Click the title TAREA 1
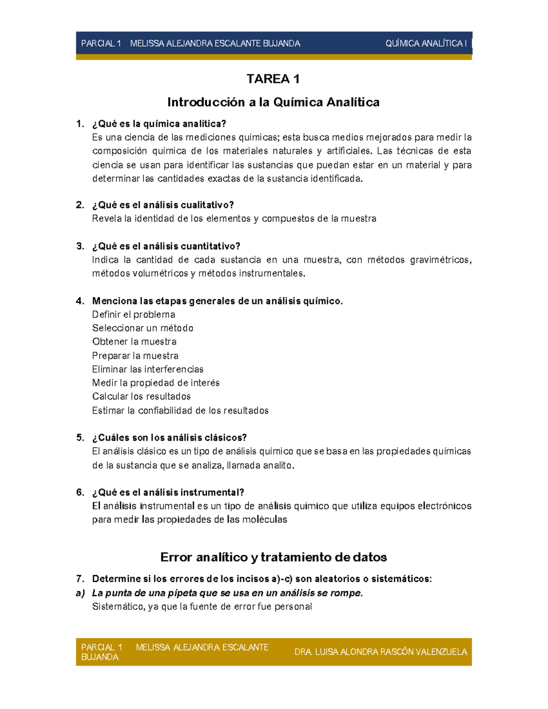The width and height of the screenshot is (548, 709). coord(273,79)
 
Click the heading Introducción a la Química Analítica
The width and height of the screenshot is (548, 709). coord(273,102)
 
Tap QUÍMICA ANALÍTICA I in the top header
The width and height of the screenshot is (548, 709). coord(426,43)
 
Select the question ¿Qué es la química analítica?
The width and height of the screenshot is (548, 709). coord(159,124)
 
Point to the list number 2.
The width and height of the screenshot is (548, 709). coord(80,205)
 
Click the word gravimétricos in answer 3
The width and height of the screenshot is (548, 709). coord(440,260)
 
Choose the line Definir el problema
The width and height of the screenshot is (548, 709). coord(133,315)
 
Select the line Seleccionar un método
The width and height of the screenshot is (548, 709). coord(142,328)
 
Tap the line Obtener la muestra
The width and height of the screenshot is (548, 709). coord(134,342)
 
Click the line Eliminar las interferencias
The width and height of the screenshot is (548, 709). coord(148,369)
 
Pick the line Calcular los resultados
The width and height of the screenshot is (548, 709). coord(141,396)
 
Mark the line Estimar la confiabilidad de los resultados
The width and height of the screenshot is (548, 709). coord(180,410)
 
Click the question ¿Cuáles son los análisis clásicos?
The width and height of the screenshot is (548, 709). coord(169,438)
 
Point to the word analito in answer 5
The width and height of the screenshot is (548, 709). coord(277,465)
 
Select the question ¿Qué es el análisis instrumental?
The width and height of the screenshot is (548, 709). coord(168,493)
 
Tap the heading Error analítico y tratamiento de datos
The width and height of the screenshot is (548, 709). coord(273,557)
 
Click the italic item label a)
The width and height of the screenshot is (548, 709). coord(80,593)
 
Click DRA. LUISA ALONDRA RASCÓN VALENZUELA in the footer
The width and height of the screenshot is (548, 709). coord(381,652)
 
